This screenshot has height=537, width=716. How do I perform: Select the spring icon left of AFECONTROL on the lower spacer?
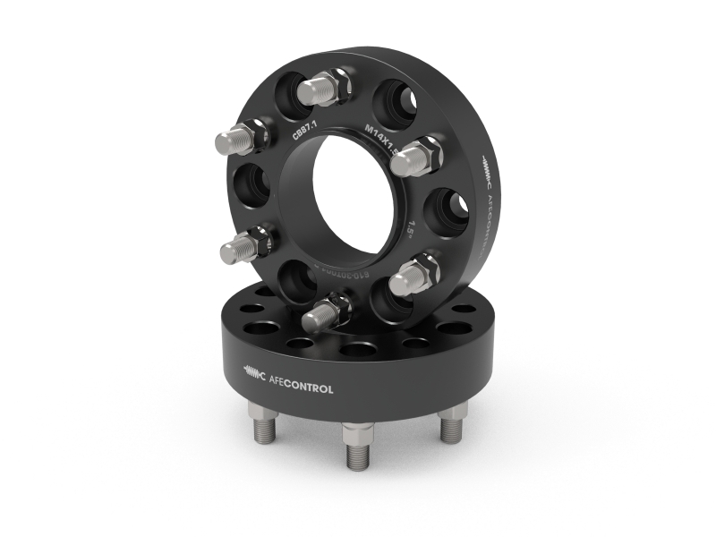[x=255, y=377]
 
